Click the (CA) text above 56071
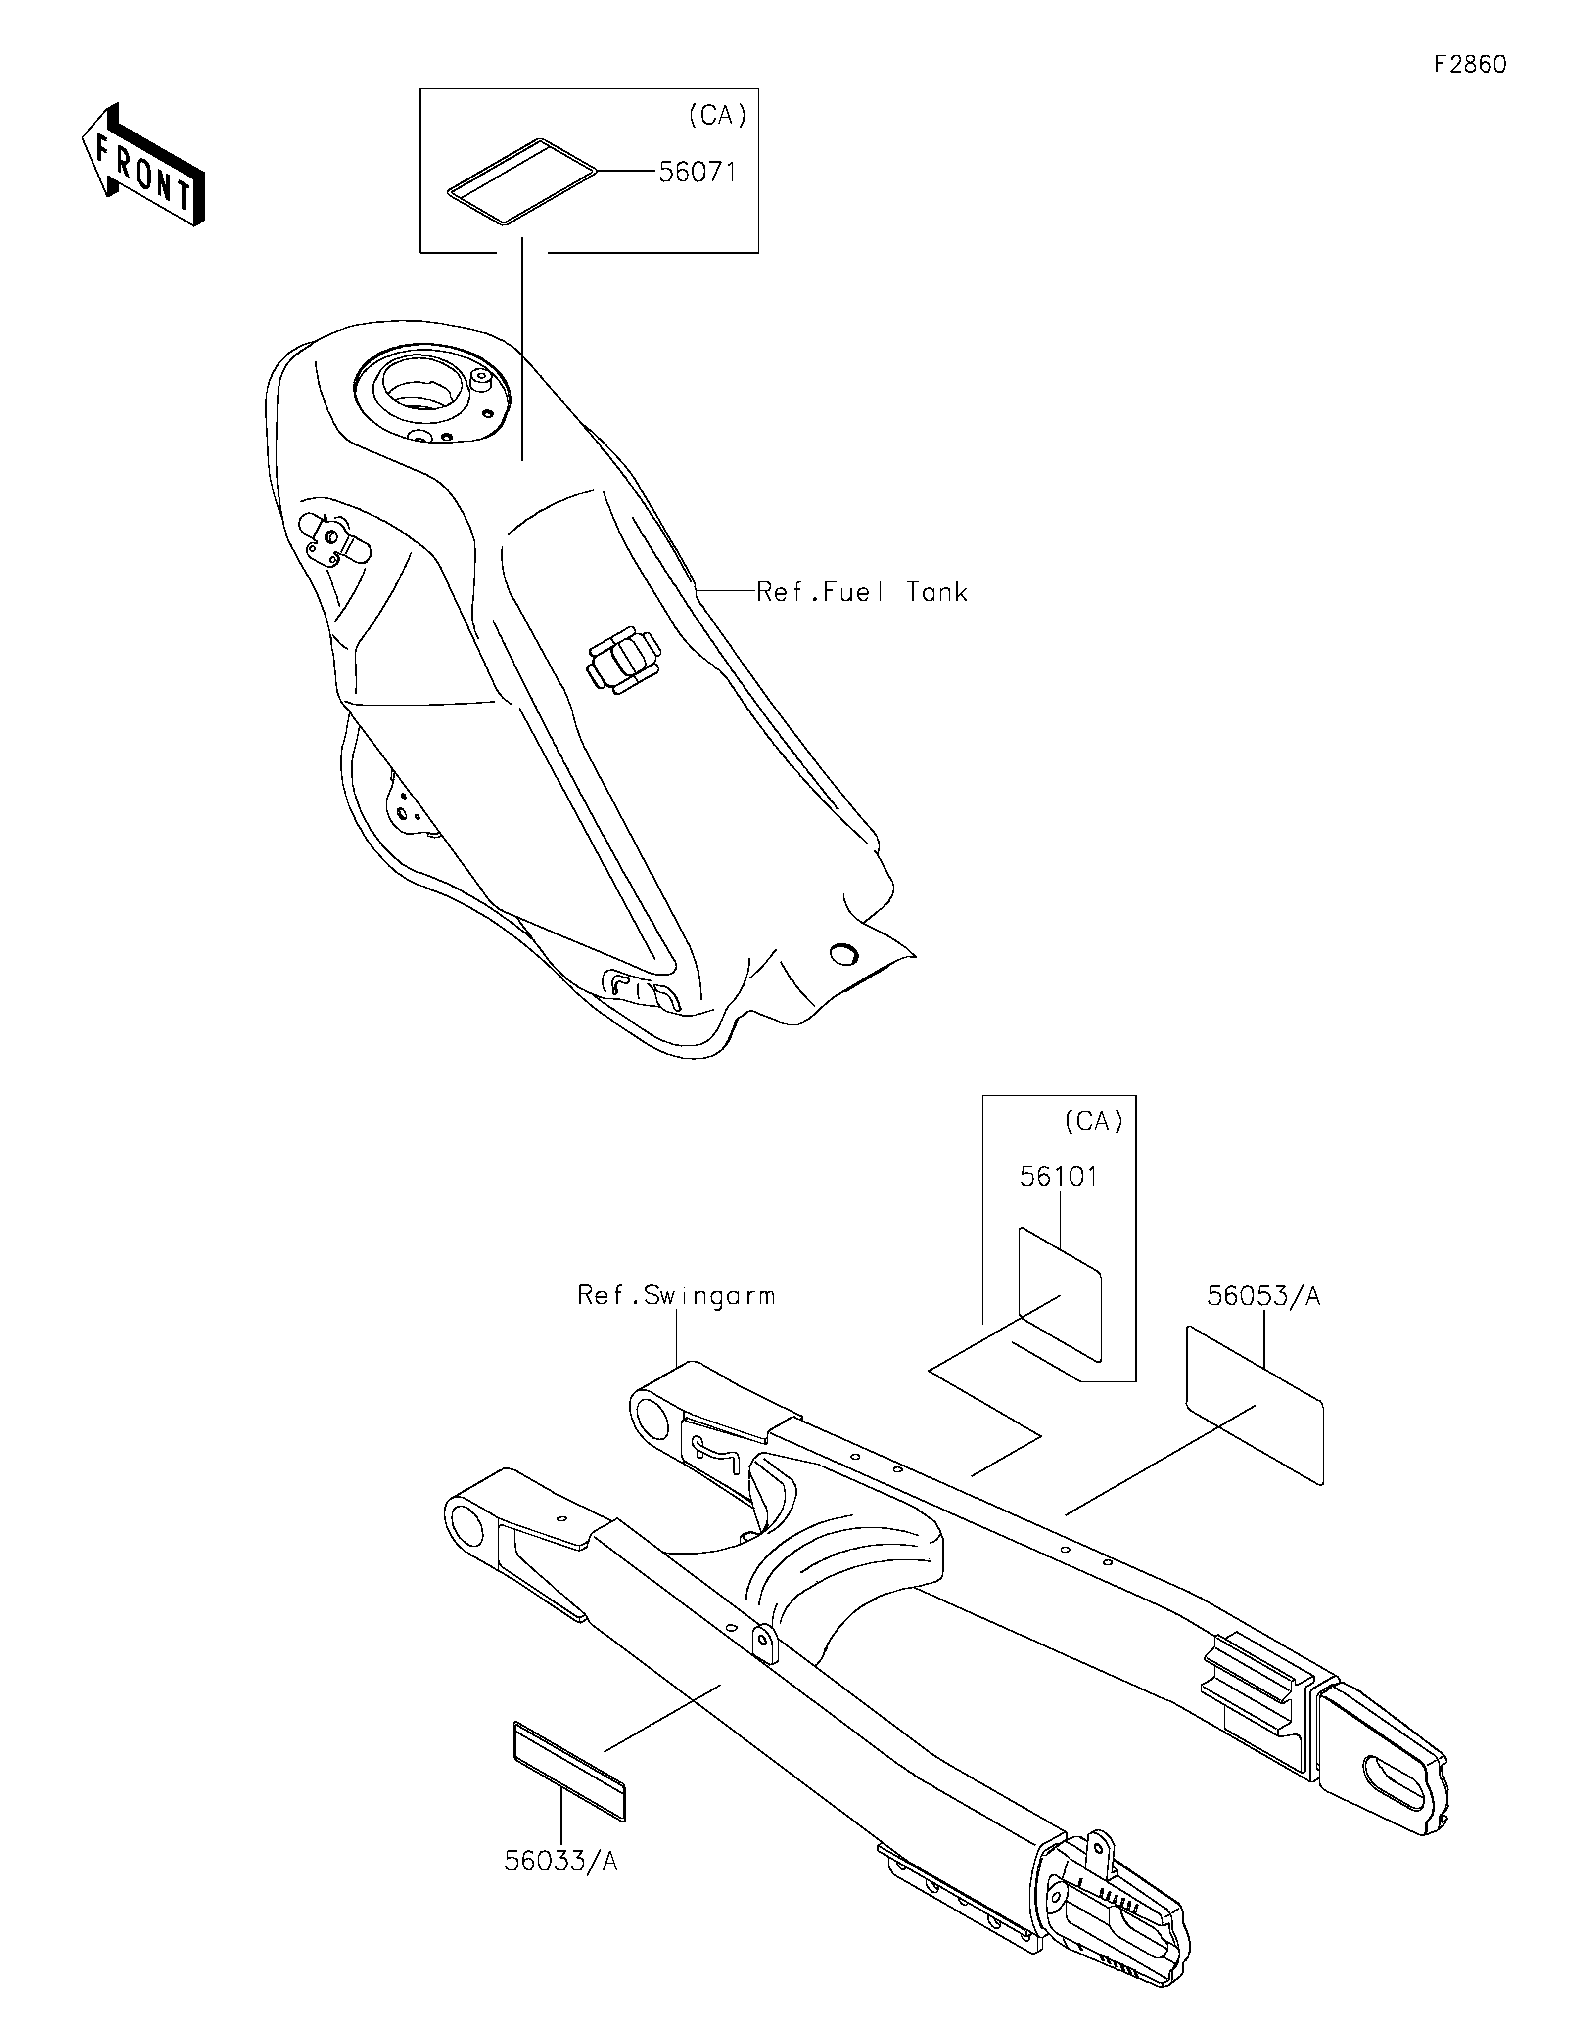pos(717,115)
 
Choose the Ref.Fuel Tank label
pos(861,591)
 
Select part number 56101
pos(1059,1176)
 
